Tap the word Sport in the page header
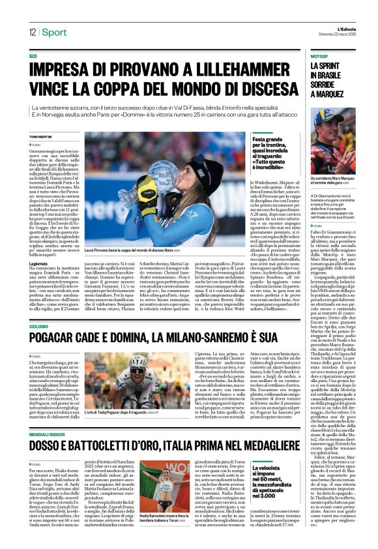(54, 32)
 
